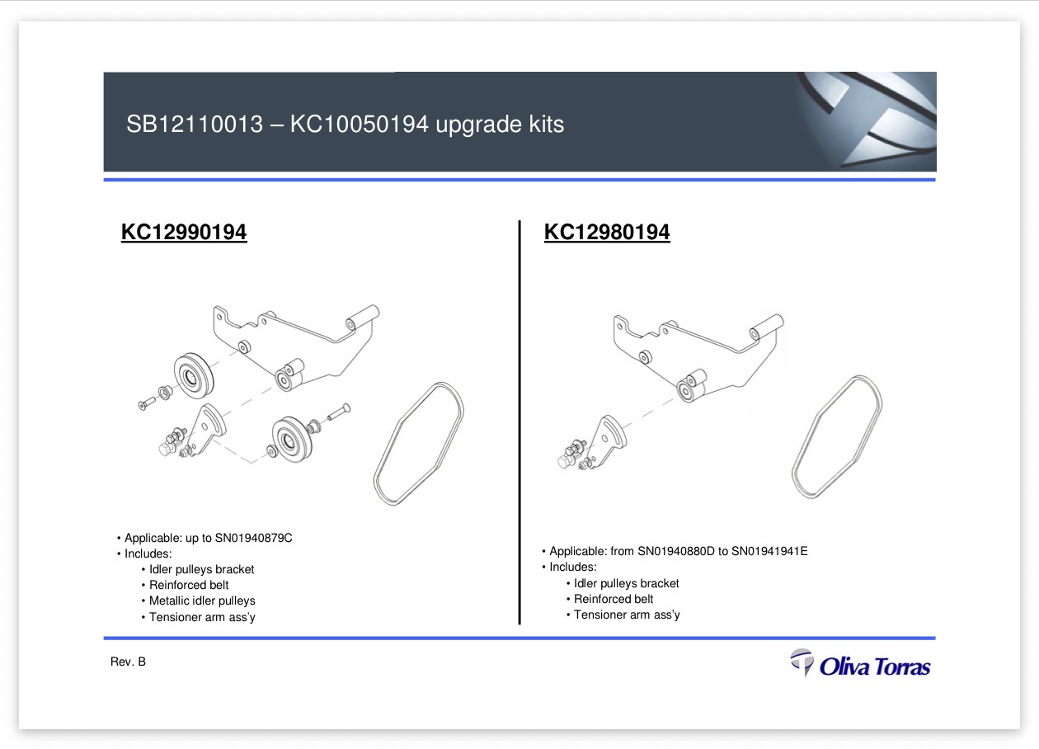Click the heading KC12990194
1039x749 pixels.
tap(184, 232)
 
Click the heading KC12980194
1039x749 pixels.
tap(607, 232)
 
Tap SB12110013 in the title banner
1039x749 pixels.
tap(195, 125)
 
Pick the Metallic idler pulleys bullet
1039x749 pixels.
tap(202, 601)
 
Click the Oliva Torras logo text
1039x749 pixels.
tap(875, 667)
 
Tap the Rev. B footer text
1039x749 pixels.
tap(128, 662)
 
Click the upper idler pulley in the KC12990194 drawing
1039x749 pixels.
tap(194, 375)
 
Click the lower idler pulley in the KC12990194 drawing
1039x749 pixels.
tap(291, 439)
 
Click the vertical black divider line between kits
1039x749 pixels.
tap(519, 422)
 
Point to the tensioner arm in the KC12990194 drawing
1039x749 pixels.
tap(208, 428)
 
